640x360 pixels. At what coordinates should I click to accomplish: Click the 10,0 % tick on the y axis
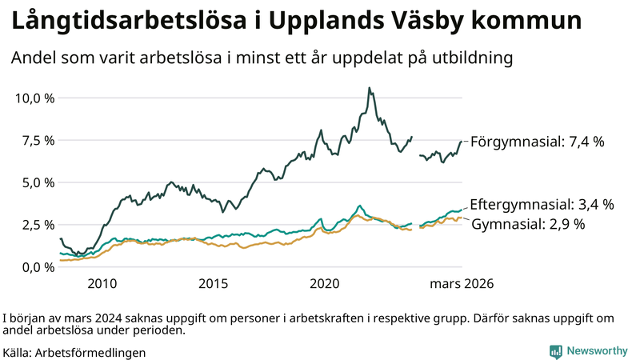coord(34,98)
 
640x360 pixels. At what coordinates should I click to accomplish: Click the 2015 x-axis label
coord(214,284)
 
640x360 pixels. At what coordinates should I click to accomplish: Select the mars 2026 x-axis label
coord(462,284)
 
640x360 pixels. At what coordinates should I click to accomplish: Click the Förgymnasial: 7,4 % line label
coord(537,142)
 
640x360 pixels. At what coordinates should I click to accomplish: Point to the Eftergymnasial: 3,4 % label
coord(542,204)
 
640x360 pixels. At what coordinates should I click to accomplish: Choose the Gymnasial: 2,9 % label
coord(528,224)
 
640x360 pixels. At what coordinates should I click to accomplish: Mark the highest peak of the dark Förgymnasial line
coord(368,88)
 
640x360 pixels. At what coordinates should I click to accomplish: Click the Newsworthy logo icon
coord(555,351)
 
